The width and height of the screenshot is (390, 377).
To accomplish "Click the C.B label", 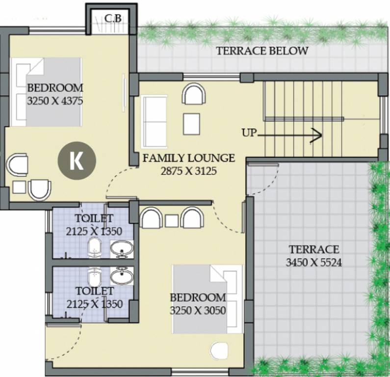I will pyautogui.click(x=113, y=19).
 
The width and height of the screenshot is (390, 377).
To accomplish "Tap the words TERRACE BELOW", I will pyautogui.click(x=262, y=51).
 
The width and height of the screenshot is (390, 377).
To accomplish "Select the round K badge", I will pyautogui.click(x=76, y=161).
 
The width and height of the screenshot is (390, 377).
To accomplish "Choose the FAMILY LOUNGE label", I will pyautogui.click(x=189, y=158).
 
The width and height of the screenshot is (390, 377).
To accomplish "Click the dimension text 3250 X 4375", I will pyautogui.click(x=55, y=102).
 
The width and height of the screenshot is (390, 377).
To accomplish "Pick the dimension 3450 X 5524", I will pyautogui.click(x=314, y=262).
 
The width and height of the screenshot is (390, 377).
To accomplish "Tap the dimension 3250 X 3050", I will pyautogui.click(x=198, y=310).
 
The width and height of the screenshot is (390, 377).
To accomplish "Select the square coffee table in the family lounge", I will pyautogui.click(x=191, y=123).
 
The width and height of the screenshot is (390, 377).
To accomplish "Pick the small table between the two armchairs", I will pyautogui.click(x=172, y=221).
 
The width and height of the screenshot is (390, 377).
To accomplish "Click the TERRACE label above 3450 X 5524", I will pyautogui.click(x=313, y=249).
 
